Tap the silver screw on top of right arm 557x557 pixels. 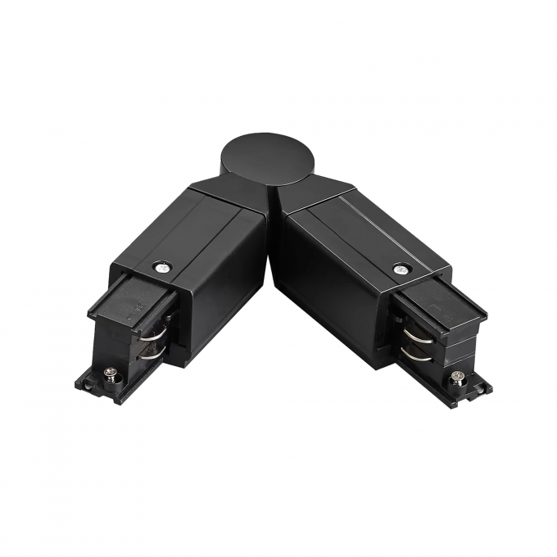pyautogui.click(x=400, y=268)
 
